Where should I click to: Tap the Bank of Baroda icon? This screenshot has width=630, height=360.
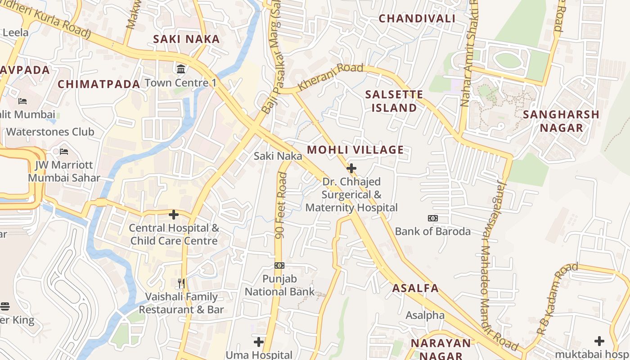(432, 218)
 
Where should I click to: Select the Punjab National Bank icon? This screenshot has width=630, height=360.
(279, 265)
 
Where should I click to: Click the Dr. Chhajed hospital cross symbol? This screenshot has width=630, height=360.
(351, 168)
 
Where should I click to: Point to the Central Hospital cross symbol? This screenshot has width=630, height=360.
(174, 215)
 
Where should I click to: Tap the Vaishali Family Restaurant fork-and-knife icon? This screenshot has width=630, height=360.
(181, 283)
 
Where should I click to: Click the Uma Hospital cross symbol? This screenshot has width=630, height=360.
(259, 342)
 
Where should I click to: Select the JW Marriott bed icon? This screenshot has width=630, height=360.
(64, 151)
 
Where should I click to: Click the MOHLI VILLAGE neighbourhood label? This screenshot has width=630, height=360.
(355, 150)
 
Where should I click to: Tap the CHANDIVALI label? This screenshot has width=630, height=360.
(417, 18)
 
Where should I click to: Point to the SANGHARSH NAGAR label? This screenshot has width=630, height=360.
(561, 121)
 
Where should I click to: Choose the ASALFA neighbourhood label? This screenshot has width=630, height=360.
(415, 288)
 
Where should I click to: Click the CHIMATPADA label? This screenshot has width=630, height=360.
(99, 84)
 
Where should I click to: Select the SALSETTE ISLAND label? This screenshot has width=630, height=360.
(394, 101)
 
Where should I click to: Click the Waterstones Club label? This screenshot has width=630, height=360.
(50, 132)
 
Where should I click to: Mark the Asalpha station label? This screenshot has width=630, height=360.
(425, 315)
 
